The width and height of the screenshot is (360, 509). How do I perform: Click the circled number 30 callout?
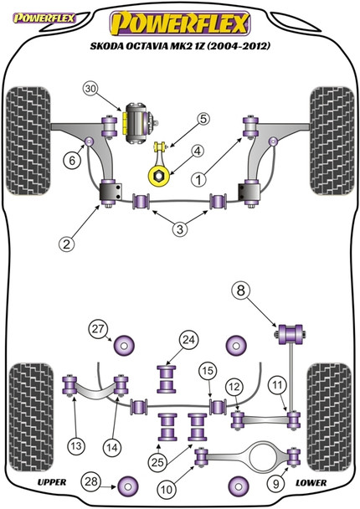coord(90,89)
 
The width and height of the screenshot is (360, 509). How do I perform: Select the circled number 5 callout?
coord(203,119)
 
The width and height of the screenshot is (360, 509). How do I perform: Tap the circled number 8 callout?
coord(240,290)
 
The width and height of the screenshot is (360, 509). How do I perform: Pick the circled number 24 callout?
coord(188,340)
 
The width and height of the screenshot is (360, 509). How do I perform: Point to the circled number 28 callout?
coord(91,481)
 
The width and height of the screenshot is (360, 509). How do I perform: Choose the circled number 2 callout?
coord(66,244)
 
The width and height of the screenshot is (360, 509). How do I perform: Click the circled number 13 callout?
coord(76,445)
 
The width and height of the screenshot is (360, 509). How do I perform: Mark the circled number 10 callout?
coord(167,489)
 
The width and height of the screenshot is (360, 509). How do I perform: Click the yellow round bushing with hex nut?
coord(159,176)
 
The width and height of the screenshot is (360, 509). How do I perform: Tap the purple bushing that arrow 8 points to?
coord(289,333)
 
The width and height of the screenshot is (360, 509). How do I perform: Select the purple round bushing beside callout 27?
coord(124,346)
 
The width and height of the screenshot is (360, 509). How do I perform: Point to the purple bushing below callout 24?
coord(167,379)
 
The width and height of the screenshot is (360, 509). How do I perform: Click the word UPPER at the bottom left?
coord(52,482)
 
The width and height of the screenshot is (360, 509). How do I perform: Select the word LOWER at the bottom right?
coord(311,483)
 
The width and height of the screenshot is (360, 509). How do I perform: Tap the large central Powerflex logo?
coord(180,23)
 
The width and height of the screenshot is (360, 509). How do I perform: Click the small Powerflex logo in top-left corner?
coord(44,18)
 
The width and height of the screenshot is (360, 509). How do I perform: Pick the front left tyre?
coord(28,141)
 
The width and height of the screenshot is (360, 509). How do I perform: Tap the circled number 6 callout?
coord(72,160)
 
